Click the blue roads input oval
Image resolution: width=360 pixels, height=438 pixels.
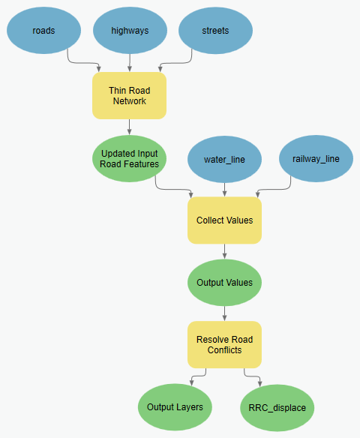[43, 31]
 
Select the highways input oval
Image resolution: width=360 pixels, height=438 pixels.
[130, 31]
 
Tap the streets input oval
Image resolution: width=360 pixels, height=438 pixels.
[215, 31]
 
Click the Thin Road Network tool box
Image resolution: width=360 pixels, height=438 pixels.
[129, 95]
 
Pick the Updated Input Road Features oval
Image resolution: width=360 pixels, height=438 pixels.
[129, 158]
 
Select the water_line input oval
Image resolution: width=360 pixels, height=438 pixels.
[224, 159]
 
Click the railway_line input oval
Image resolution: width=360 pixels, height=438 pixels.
[315, 159]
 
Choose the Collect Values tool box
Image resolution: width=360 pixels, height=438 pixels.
[224, 220]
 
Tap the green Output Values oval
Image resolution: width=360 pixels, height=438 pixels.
[224, 283]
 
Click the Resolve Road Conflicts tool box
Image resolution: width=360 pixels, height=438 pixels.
[224, 345]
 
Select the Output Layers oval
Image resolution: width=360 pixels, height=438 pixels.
[175, 407]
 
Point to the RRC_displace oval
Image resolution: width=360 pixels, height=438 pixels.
[277, 408]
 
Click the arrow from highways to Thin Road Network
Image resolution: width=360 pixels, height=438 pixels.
[130, 62]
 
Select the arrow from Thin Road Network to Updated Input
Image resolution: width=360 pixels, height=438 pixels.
[129, 126]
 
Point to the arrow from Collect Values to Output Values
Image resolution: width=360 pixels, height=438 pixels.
[224, 251]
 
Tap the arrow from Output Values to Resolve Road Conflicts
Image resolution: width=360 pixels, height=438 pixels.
[224, 313]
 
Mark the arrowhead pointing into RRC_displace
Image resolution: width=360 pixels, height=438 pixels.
[259, 383]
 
